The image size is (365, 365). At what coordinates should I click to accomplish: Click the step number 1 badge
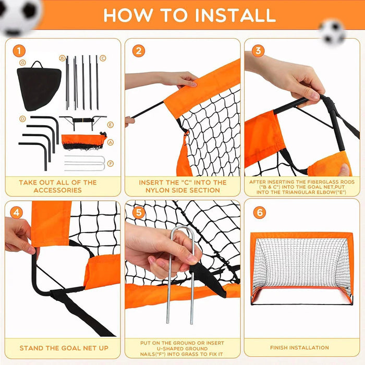click(19, 51)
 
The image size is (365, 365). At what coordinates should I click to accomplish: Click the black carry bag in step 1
click(38, 87)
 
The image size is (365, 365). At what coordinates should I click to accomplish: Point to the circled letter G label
click(22, 63)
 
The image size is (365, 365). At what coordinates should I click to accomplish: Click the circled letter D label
click(22, 119)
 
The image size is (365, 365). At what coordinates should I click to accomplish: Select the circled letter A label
click(110, 141)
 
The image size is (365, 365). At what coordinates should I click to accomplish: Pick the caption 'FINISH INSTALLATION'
click(299, 347)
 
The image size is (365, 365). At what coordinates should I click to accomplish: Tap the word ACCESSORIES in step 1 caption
click(58, 190)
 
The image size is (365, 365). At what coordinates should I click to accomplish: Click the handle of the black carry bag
click(38, 65)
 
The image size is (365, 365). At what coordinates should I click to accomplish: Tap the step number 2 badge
click(139, 51)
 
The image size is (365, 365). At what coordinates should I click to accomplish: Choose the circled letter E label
click(110, 125)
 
